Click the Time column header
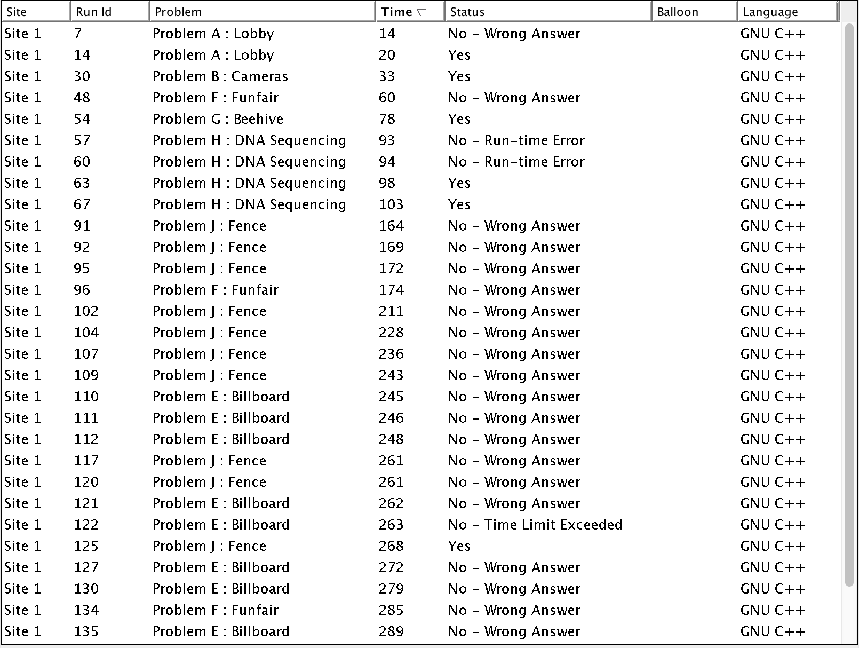(x=397, y=12)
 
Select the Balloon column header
(x=678, y=12)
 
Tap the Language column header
(x=770, y=12)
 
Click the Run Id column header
(x=94, y=12)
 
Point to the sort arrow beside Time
(x=421, y=12)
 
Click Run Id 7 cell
(x=78, y=34)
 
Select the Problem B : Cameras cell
(x=220, y=76)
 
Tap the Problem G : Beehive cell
(x=218, y=119)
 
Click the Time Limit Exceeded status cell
(x=535, y=525)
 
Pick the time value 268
(x=391, y=546)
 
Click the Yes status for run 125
(x=459, y=546)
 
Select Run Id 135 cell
(x=86, y=631)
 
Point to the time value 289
(x=391, y=631)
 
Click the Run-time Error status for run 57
(x=516, y=140)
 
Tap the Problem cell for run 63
(x=249, y=183)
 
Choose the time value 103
(x=391, y=204)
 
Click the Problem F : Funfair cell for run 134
(x=216, y=610)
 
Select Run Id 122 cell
(x=86, y=525)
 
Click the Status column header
(x=467, y=12)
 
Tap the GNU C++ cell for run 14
(x=773, y=55)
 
